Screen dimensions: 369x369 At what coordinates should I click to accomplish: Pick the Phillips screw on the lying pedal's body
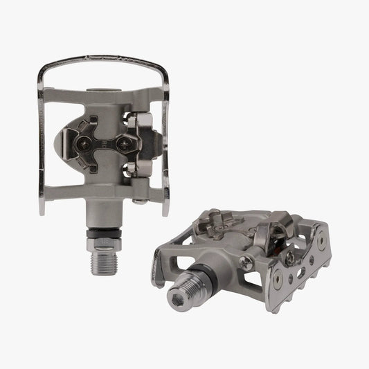[x=245, y=262]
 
